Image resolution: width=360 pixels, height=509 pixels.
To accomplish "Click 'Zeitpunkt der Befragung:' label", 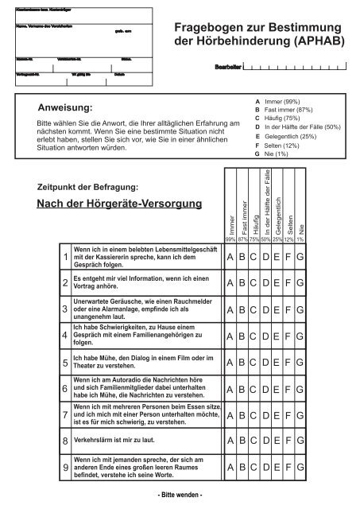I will pos(88,186).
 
